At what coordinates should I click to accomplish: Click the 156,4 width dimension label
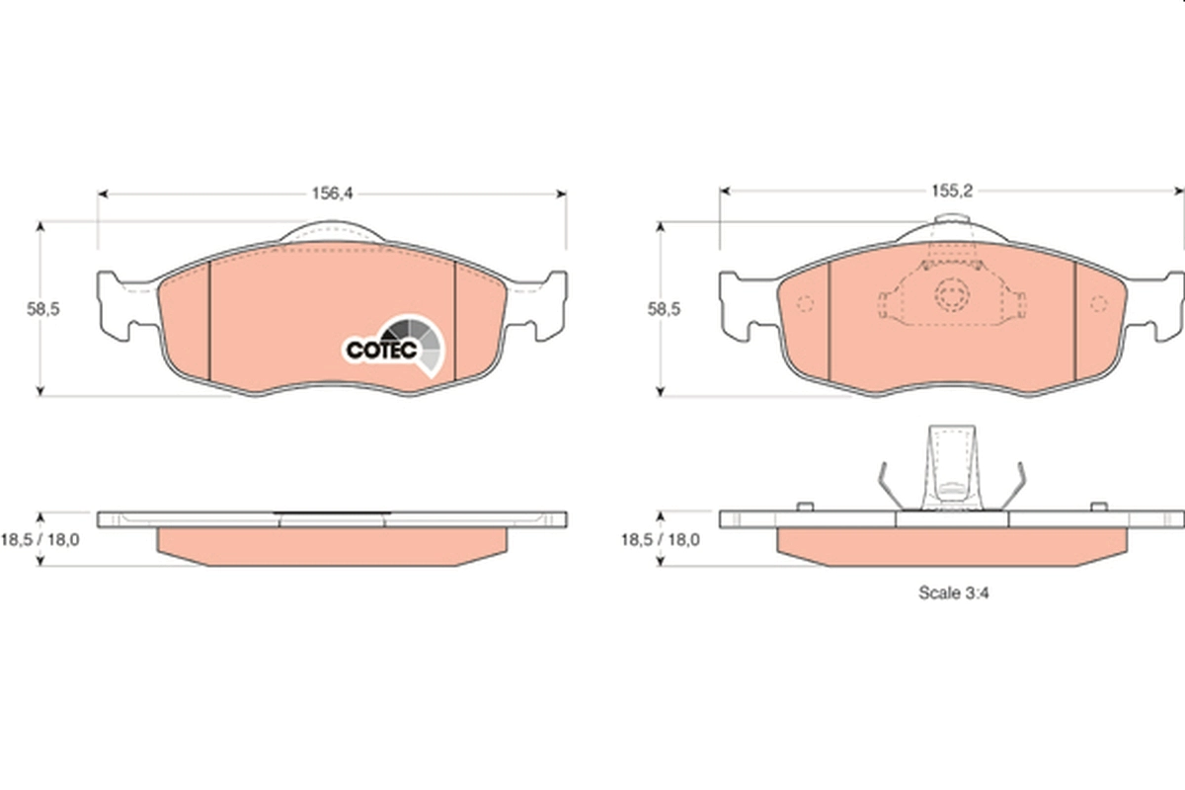point(332,194)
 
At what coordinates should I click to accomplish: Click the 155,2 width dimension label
point(952,191)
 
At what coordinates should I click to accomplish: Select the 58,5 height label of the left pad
point(43,309)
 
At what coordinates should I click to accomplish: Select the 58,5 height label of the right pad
point(664,309)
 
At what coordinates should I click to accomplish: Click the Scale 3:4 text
point(953,592)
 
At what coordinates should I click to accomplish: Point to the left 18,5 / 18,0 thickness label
point(40,540)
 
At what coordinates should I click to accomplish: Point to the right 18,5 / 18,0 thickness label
point(661,540)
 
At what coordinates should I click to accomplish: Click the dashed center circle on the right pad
point(952,294)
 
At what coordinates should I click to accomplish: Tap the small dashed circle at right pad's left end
point(805,304)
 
